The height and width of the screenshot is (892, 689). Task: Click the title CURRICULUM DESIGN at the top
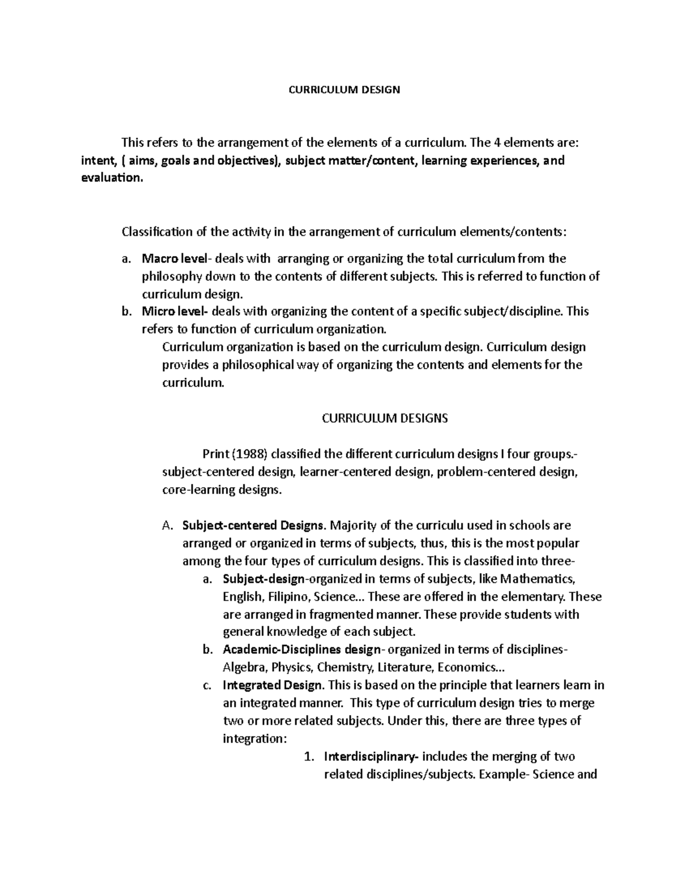pos(344,90)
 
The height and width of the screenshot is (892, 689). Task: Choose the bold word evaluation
pos(110,178)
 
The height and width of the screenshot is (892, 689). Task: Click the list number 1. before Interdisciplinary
pos(308,756)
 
